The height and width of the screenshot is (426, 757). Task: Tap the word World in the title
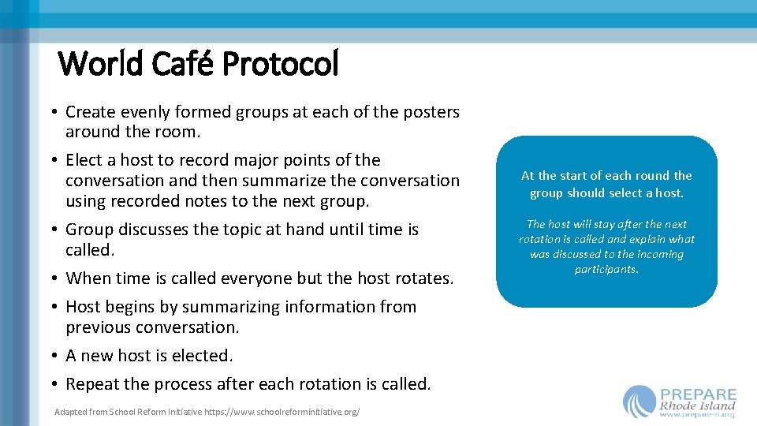[101, 64]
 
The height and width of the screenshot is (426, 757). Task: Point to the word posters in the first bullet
[431, 112]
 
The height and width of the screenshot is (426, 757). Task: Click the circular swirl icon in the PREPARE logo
[639, 402]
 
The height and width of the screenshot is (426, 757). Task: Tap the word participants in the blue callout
[606, 269]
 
